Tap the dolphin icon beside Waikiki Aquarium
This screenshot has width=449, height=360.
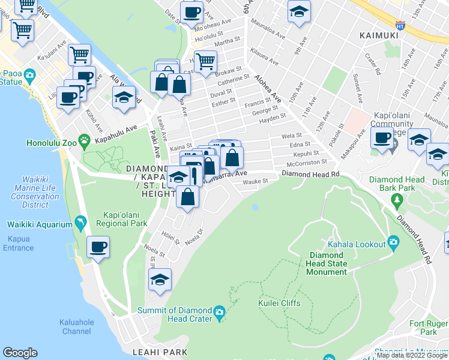click(80, 224)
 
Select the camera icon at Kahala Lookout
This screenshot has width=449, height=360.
click(393, 242)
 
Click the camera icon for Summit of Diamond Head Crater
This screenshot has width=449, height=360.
click(219, 311)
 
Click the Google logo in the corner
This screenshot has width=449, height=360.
click(20, 352)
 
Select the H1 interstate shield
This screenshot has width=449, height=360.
click(400, 25)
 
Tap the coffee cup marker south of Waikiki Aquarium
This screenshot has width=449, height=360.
click(98, 247)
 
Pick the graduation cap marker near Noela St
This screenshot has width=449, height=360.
click(160, 280)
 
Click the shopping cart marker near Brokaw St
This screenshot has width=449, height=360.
click(205, 60)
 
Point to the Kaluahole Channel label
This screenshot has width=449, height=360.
click(76, 326)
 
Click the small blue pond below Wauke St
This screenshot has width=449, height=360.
click(256, 208)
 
